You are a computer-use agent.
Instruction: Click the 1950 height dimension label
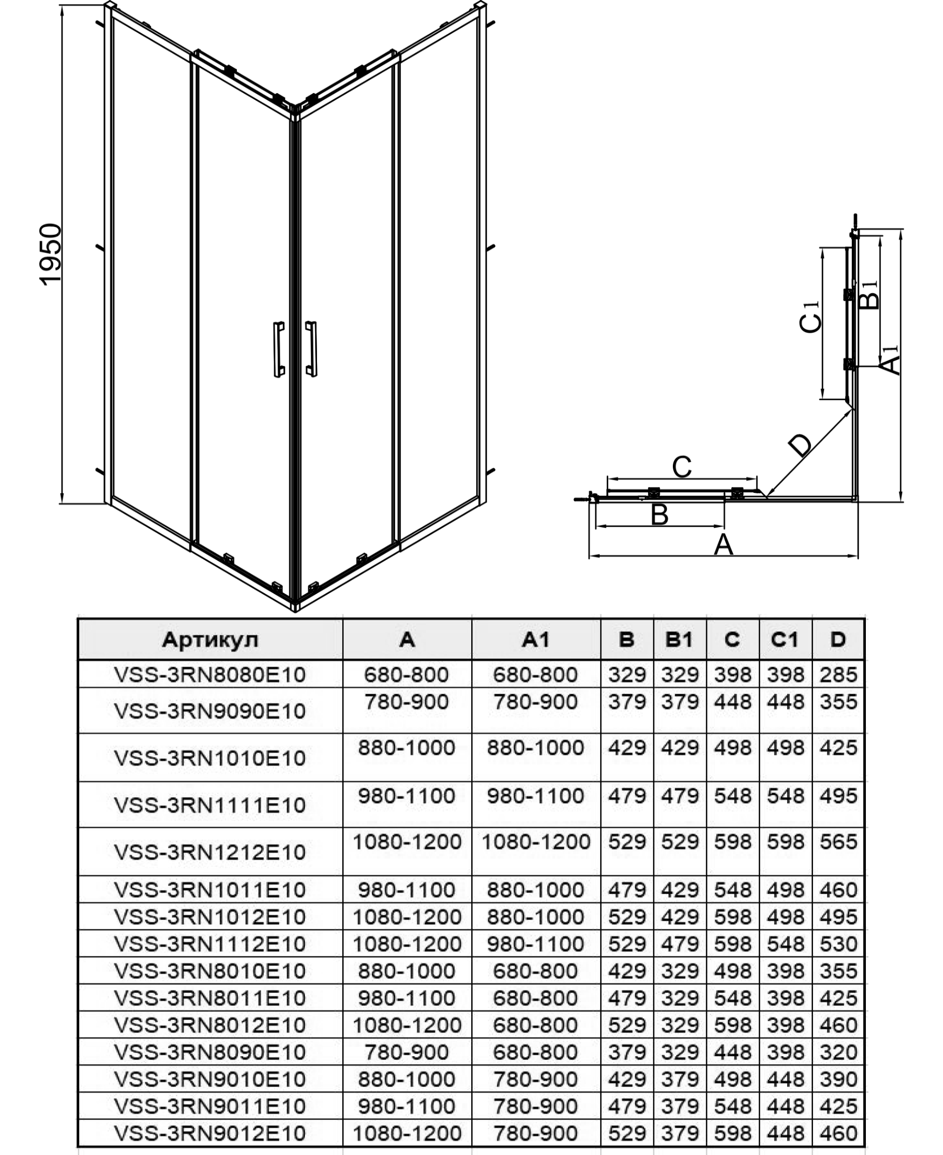coord(51,254)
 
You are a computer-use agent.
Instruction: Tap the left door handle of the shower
coord(279,349)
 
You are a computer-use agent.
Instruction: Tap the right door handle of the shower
coord(311,349)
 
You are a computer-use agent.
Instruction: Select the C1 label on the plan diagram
coord(810,316)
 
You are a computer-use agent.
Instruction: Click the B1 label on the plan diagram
coord(869,294)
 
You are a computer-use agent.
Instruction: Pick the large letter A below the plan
coord(723,545)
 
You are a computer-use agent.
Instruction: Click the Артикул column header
coord(210,639)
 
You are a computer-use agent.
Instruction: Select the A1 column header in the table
coord(536,639)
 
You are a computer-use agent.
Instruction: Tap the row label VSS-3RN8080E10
coord(210,674)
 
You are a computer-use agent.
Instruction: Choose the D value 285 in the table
coord(838,674)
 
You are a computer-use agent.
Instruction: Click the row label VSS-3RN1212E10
coord(210,852)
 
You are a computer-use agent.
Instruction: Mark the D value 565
coord(838,842)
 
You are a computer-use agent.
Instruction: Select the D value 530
coord(838,944)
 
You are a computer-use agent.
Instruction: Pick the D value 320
coord(838,1052)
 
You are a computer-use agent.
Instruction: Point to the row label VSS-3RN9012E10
coord(210,1133)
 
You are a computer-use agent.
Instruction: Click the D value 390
coord(838,1079)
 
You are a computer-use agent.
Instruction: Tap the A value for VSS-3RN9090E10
coord(406,701)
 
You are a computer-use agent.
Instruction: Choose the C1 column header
coord(785,639)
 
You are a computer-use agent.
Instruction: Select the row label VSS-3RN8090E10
coord(210,1052)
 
